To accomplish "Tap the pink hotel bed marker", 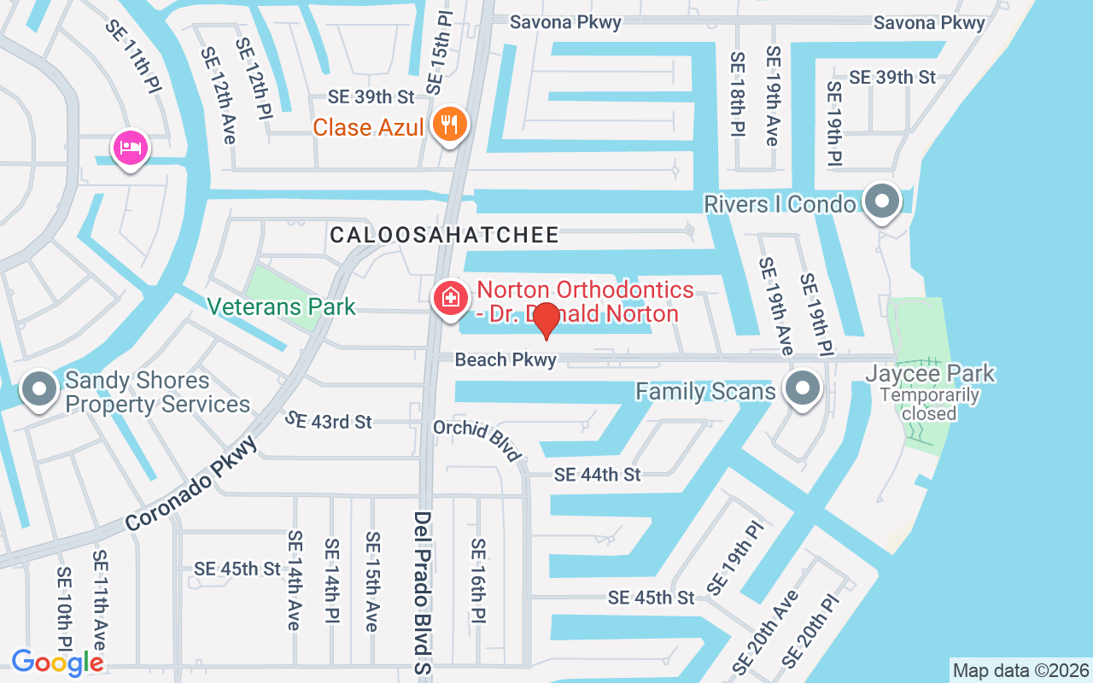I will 130,149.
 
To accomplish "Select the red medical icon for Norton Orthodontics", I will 449,298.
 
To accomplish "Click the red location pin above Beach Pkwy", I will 546,320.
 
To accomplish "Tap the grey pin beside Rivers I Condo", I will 882,202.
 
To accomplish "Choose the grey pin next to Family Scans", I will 802,388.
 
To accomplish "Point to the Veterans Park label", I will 282,306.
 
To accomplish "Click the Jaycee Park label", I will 930,373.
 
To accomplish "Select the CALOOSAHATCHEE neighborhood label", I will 445,235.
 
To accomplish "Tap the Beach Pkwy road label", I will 506,360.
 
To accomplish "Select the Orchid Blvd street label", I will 477,439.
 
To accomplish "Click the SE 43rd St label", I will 329,421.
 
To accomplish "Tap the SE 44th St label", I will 597,475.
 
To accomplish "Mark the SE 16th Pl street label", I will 478,580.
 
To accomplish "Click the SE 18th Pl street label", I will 736,93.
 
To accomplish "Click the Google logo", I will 57,663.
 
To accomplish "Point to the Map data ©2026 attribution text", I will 1020,670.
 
